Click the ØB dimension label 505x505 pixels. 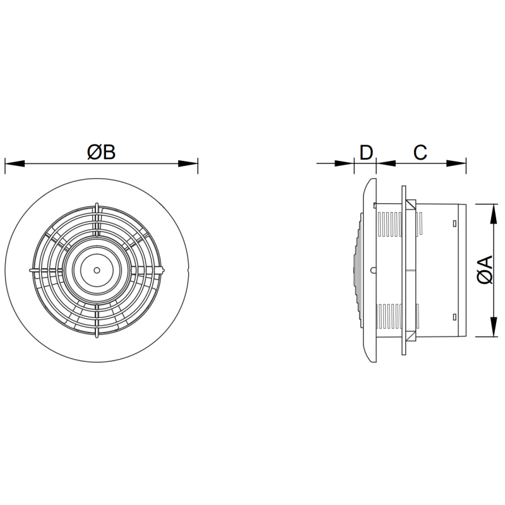pyautogui.click(x=102, y=152)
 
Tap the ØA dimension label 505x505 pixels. pyautogui.click(x=485, y=270)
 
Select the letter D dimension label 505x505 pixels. pyautogui.click(x=366, y=152)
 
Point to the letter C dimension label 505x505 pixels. pyautogui.click(x=420, y=152)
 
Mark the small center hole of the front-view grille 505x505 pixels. pyautogui.click(x=96, y=270)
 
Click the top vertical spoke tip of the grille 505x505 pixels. pyautogui.click(x=96, y=205)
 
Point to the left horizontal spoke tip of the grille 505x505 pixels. pyautogui.click(x=31, y=270)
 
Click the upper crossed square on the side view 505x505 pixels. pyautogui.click(x=411, y=205)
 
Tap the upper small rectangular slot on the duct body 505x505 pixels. pyautogui.click(x=454, y=223)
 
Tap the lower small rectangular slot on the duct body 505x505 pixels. pyautogui.click(x=454, y=316)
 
